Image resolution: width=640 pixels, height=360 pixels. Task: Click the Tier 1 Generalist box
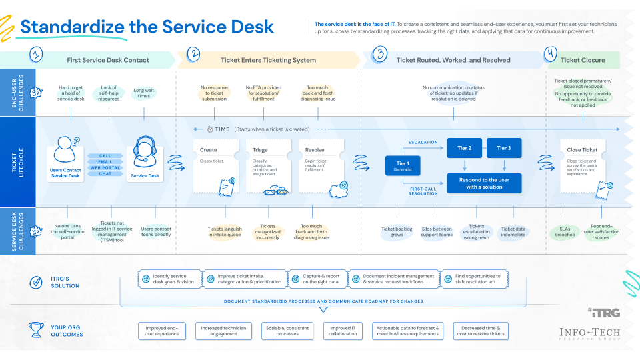403,166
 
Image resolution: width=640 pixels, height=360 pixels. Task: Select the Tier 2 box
465,148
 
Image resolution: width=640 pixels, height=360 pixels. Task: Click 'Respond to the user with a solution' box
484,183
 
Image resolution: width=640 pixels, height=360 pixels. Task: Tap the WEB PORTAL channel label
105,167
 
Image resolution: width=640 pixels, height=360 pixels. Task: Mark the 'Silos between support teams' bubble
437,232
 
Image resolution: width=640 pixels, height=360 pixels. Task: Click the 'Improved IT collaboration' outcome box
343,330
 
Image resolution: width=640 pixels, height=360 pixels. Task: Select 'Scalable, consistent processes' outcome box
287,330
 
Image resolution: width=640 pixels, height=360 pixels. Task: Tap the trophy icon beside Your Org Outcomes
37,330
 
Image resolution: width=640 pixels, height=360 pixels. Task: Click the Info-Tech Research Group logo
590,334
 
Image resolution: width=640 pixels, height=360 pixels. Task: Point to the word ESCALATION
423,142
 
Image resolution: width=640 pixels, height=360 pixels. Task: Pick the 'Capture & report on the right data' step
319,279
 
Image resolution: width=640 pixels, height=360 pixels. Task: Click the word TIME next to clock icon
222,129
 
